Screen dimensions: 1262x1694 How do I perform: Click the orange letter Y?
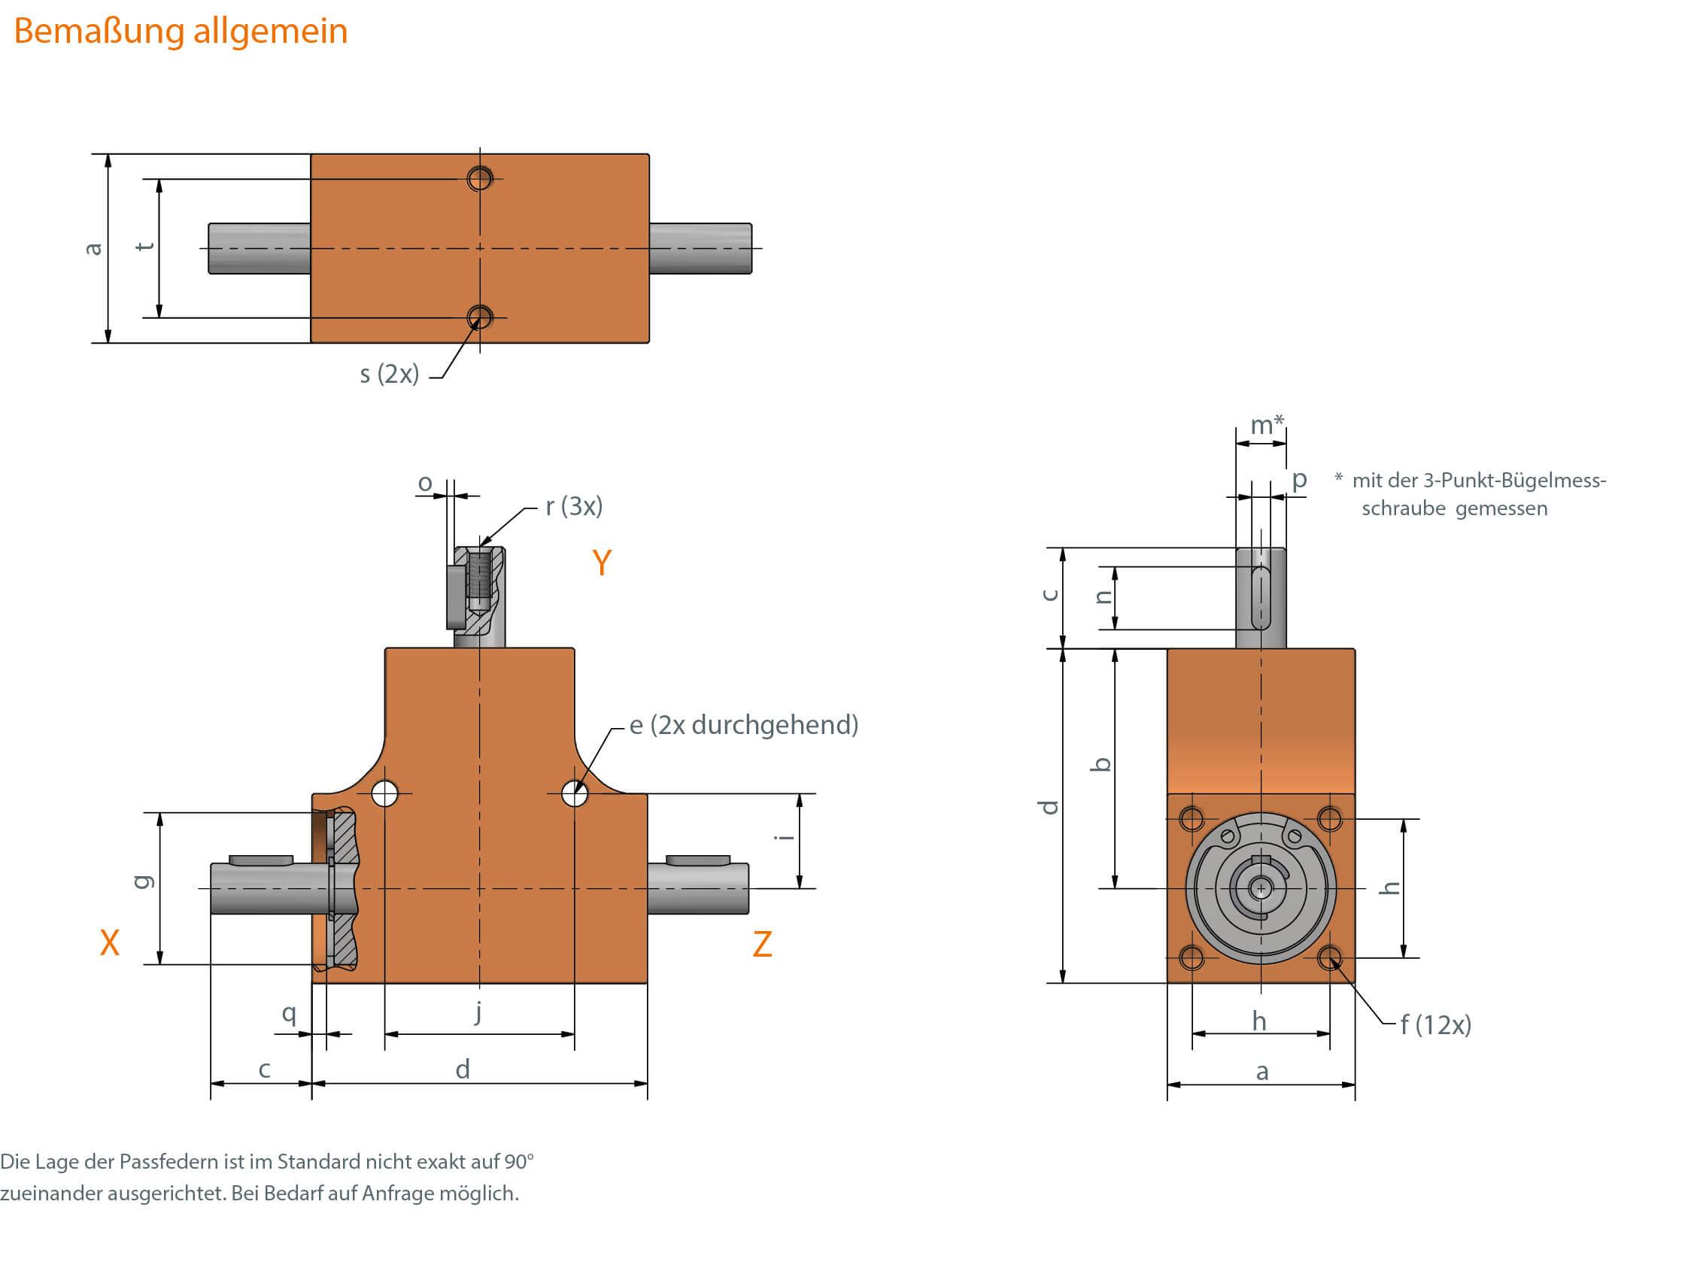point(601,564)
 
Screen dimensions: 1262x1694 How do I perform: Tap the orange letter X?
point(109,943)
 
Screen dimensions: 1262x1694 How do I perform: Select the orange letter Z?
point(762,945)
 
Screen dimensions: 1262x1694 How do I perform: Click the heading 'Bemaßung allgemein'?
point(181,32)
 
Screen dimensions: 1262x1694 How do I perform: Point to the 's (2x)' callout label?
point(389,375)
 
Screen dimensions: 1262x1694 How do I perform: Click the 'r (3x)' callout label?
point(574,506)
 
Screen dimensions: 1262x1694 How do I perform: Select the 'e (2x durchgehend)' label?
point(743,725)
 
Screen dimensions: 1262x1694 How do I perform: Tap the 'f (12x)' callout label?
point(1435,1025)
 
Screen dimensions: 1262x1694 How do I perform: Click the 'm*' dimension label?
point(1265,425)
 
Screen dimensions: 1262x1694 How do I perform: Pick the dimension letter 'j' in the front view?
point(478,1012)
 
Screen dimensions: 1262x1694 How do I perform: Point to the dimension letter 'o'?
point(425,484)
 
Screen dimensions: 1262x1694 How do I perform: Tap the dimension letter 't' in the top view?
point(144,247)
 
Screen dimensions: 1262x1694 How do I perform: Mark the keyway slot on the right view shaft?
point(1261,598)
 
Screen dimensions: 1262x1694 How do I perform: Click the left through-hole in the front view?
point(384,793)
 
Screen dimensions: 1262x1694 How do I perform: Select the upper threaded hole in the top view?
point(480,179)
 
